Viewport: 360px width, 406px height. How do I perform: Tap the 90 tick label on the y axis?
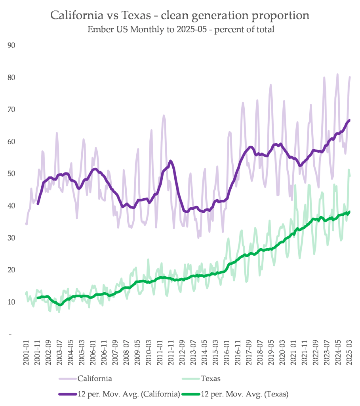[x=11, y=46]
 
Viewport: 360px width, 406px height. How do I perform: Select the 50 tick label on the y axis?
[x=11, y=174]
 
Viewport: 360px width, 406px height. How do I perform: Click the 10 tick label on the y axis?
[x=11, y=302]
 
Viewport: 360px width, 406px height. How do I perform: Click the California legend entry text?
[x=95, y=379]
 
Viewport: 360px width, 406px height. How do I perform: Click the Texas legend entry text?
[x=211, y=379]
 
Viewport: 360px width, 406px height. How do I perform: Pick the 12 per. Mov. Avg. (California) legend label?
[x=129, y=394]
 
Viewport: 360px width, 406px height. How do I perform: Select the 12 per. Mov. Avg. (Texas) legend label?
[x=245, y=394]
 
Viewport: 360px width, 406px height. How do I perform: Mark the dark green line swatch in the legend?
[x=191, y=394]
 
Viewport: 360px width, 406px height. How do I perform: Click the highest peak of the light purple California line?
[x=337, y=74]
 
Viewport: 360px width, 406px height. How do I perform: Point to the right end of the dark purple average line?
[x=349, y=120]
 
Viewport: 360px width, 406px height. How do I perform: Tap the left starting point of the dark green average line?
[x=38, y=297]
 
